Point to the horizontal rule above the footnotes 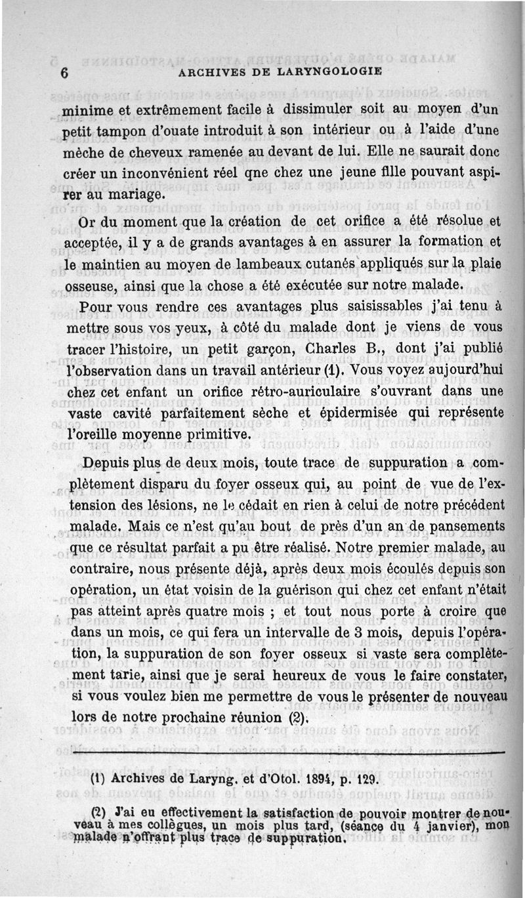click(289, 754)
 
